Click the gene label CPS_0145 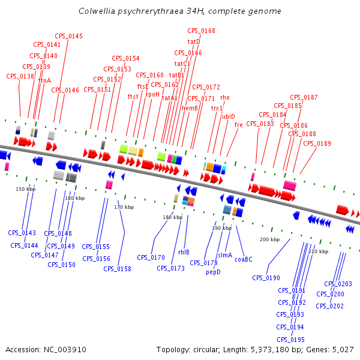[69, 37]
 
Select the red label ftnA [45, 80]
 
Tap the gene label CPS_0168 [201, 31]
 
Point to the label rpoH [153, 94]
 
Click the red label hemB [190, 109]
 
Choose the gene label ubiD [229, 116]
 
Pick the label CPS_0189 [317, 143]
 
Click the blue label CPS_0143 [22, 233]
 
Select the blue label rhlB [184, 253]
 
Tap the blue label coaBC [244, 259]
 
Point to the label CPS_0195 [291, 340]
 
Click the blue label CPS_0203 [338, 284]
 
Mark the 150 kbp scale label [25, 189]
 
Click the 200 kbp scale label [269, 239]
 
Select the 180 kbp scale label [172, 217]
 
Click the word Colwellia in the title [96, 11]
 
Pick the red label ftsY [133, 97]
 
